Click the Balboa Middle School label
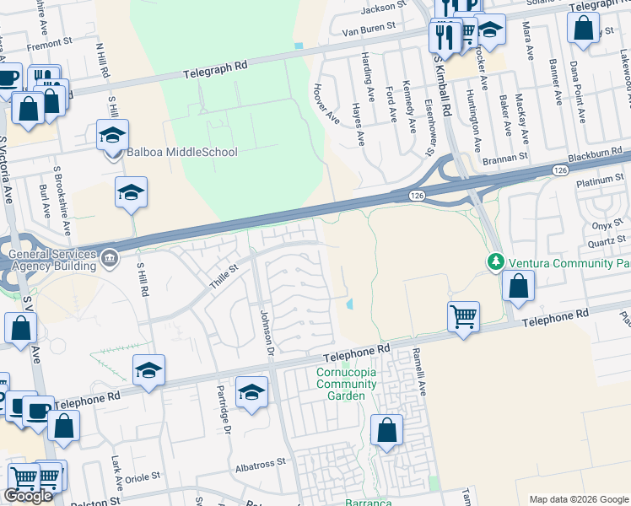(x=181, y=153)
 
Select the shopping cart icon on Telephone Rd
(x=463, y=317)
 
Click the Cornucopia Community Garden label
(x=346, y=384)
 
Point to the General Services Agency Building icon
(x=110, y=258)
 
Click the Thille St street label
(x=224, y=276)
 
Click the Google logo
(x=29, y=496)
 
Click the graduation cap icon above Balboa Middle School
(x=112, y=133)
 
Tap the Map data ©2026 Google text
(x=579, y=498)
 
